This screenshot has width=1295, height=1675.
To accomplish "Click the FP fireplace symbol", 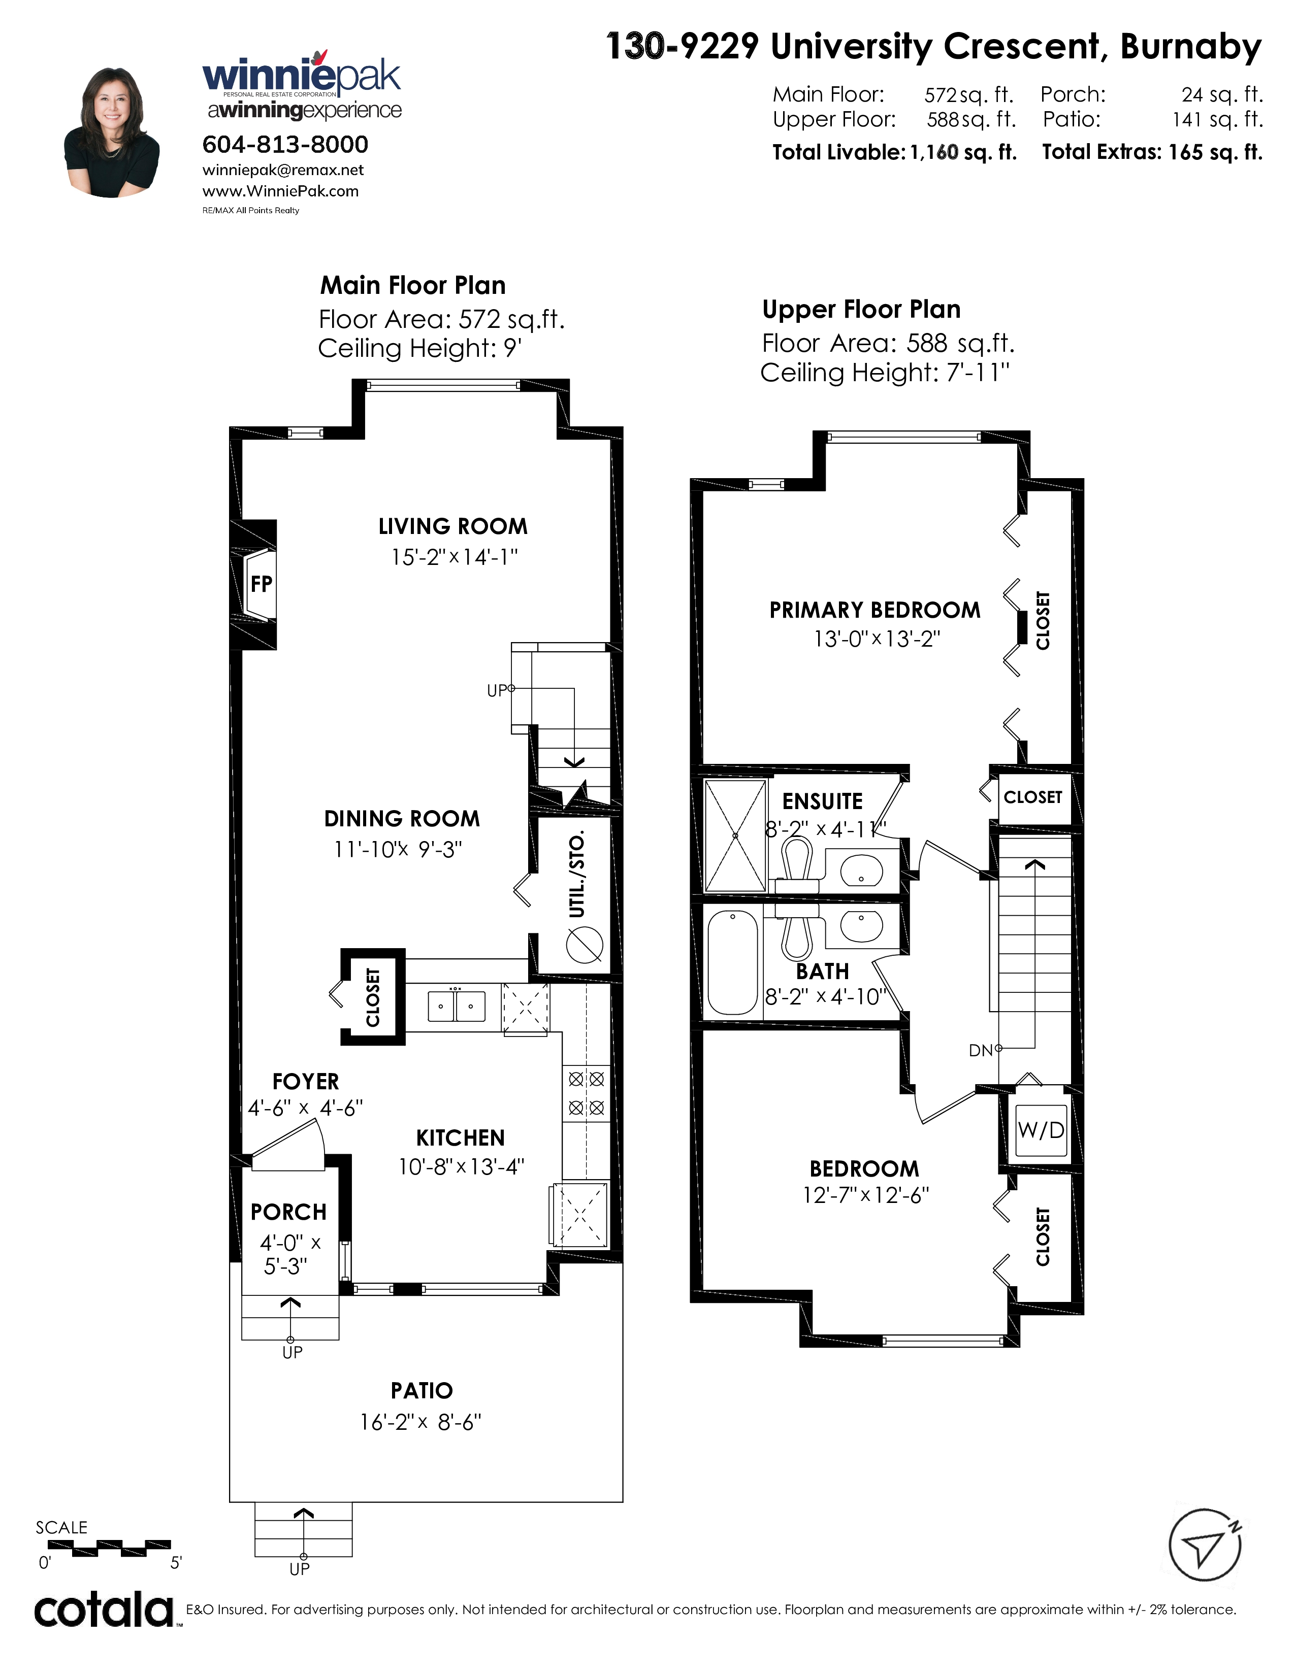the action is [260, 584].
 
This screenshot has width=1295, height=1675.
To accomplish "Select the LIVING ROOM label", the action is [452, 526].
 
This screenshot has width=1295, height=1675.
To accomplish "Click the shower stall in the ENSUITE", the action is [735, 835].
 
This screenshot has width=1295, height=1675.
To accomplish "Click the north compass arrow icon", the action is [1205, 1545].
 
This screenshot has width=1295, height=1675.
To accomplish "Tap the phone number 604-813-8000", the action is [284, 144].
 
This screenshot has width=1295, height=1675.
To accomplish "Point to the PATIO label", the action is [422, 1390].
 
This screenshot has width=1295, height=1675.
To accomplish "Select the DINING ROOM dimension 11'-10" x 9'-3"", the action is [398, 849].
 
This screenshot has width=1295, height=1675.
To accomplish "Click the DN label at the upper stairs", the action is [981, 1051].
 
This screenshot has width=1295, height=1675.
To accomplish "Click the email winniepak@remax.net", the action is [283, 170].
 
